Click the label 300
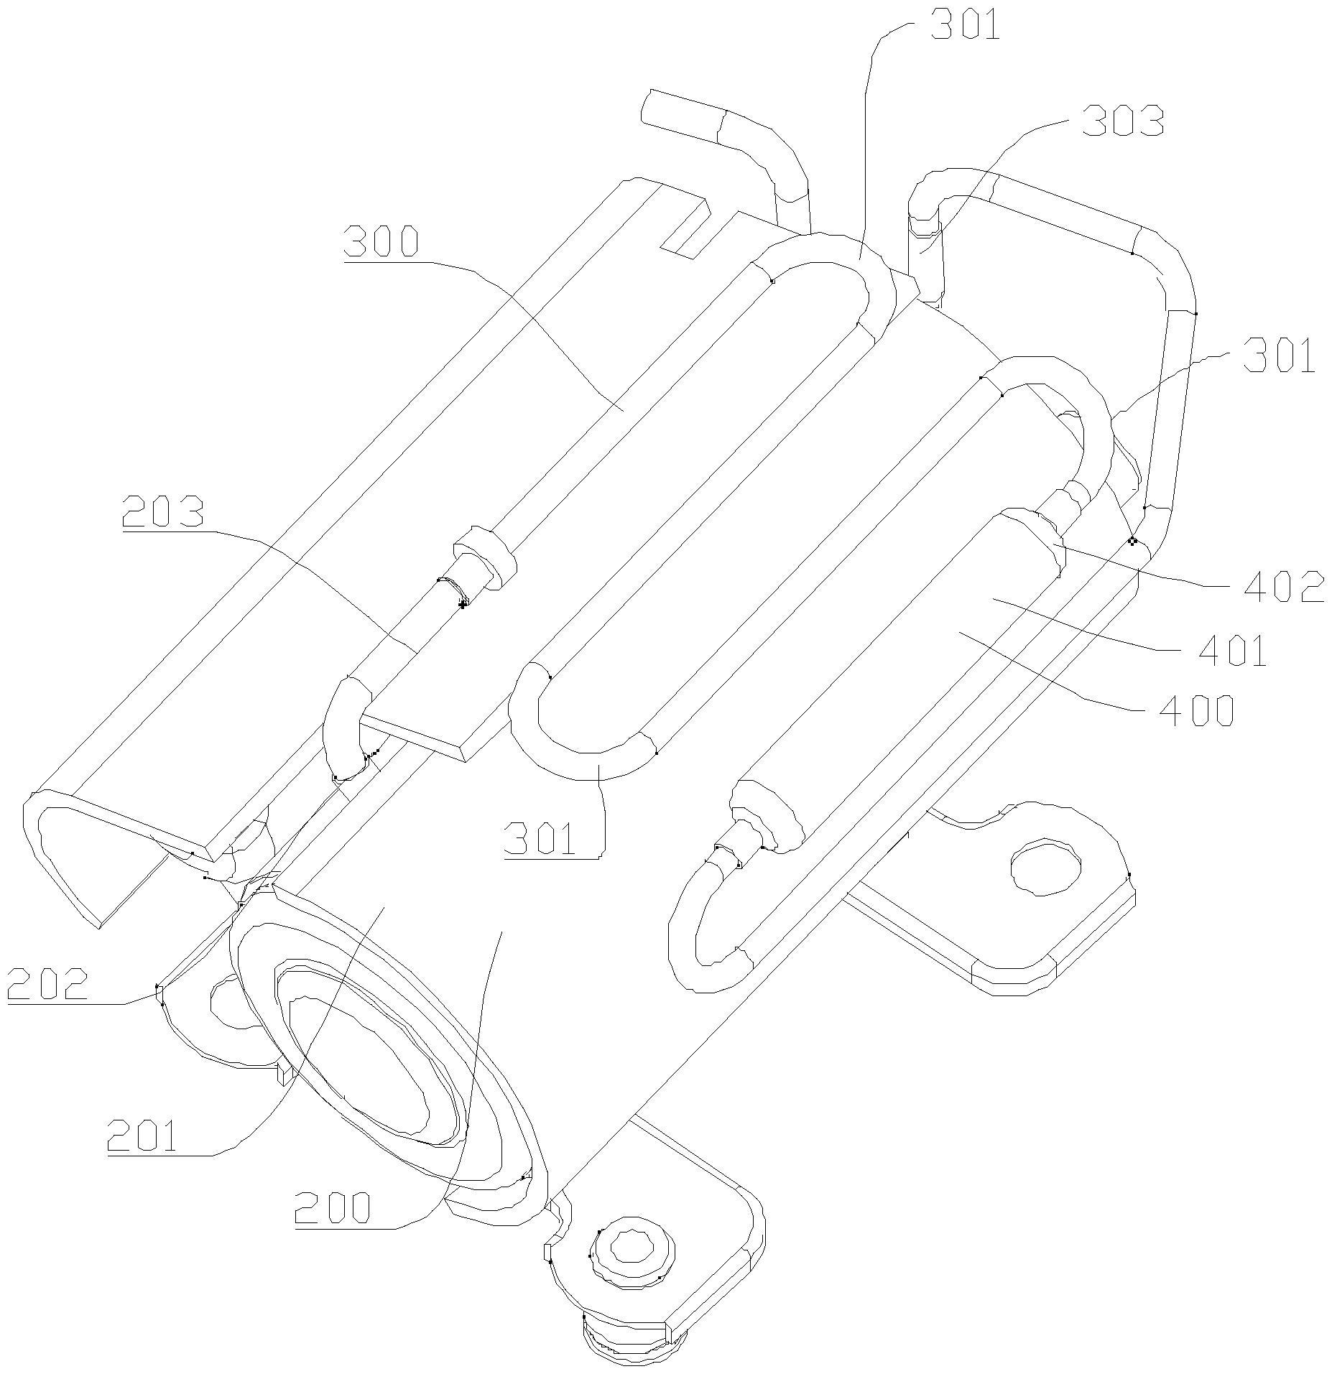(x=381, y=241)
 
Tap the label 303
(x=1123, y=121)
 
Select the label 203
(x=163, y=511)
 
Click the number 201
(x=142, y=1136)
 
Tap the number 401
(x=1231, y=651)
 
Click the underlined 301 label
(x=540, y=837)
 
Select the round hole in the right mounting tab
(x=1045, y=868)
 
